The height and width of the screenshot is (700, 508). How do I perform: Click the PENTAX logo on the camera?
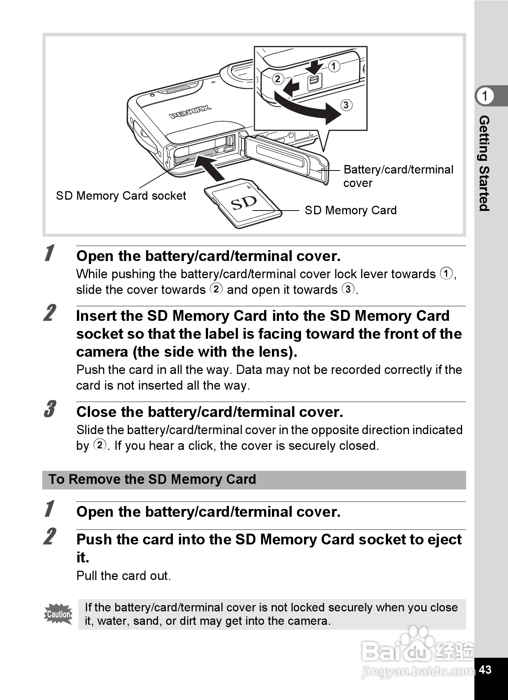tap(190, 111)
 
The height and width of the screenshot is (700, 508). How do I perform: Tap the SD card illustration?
tap(243, 203)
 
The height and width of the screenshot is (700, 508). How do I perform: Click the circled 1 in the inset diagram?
tap(334, 66)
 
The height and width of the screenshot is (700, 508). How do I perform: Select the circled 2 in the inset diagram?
tap(278, 79)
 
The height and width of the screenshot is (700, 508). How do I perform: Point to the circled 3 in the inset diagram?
tap(346, 105)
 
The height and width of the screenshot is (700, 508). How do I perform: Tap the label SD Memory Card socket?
tap(121, 196)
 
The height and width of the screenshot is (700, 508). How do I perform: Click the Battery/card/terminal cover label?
tap(398, 176)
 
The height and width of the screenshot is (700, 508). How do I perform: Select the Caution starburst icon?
tap(58, 614)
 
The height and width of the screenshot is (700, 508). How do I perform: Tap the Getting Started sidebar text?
tap(484, 163)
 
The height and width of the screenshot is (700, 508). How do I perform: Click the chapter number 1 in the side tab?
tap(485, 96)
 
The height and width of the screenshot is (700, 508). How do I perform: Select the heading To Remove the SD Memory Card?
tap(152, 479)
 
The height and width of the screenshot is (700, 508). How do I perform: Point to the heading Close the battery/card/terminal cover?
tap(210, 412)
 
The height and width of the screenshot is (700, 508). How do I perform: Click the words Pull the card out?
tap(123, 575)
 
